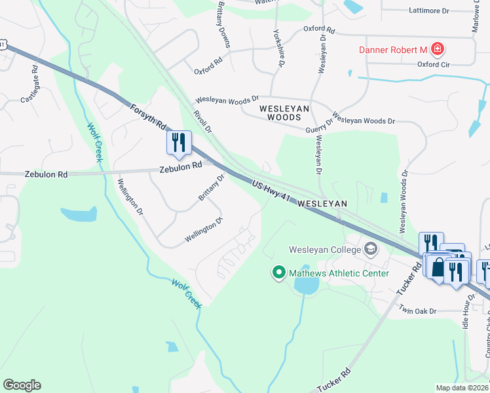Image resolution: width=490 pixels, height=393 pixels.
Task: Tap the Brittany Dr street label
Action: [x=212, y=188]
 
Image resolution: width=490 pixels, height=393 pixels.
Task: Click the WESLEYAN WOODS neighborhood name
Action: [x=280, y=112]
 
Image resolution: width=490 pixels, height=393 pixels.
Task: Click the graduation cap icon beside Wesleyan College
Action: [x=371, y=249]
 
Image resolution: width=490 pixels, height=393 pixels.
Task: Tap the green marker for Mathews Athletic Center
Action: [x=278, y=272]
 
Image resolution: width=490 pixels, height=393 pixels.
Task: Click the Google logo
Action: [x=22, y=385]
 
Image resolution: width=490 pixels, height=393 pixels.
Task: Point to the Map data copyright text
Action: [x=462, y=388]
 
